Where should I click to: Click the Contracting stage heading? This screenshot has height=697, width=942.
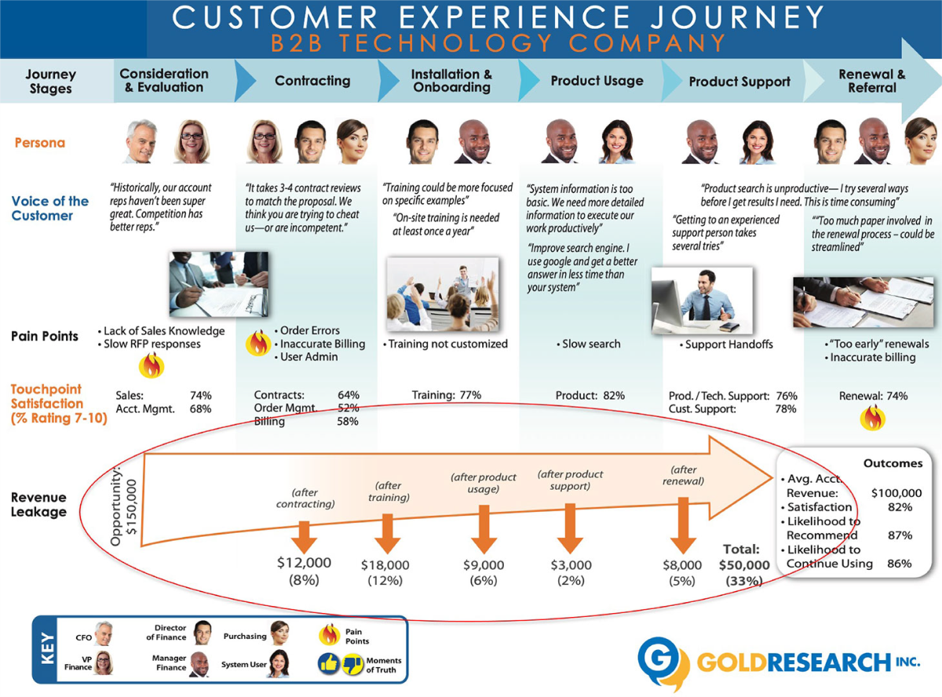[x=312, y=81]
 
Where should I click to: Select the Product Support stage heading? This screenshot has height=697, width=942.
[x=739, y=82]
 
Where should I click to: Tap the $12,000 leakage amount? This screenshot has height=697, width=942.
[x=305, y=563]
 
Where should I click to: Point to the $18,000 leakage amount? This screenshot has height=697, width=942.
[x=385, y=564]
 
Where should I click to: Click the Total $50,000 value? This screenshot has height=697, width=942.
[x=743, y=564]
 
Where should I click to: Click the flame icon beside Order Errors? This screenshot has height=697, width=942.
[x=258, y=343]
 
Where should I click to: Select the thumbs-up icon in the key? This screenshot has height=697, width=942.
[x=329, y=664]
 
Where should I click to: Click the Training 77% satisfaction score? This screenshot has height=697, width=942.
[x=447, y=396]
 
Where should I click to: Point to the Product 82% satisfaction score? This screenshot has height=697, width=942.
[x=590, y=396]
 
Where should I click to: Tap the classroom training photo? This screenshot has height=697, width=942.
[x=443, y=294]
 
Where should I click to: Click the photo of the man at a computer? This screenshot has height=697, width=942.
[x=701, y=300]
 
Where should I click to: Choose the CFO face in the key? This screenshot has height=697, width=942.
[x=104, y=633]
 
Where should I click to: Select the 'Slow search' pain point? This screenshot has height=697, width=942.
[x=591, y=344]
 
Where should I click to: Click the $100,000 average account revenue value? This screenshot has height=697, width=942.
[x=896, y=493]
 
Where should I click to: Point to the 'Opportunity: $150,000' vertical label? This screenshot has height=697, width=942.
[x=124, y=506]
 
